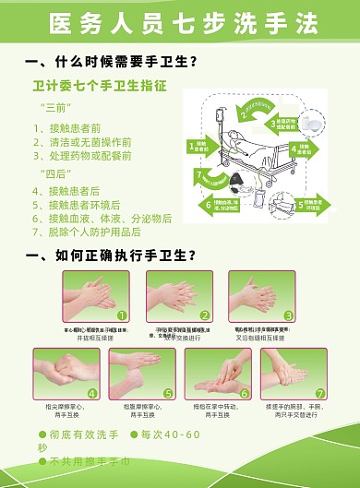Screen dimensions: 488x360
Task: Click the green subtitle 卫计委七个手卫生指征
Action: click(100, 86)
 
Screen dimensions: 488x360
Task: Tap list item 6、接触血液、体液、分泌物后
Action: click(102, 219)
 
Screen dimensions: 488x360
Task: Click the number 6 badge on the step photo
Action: click(244, 393)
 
